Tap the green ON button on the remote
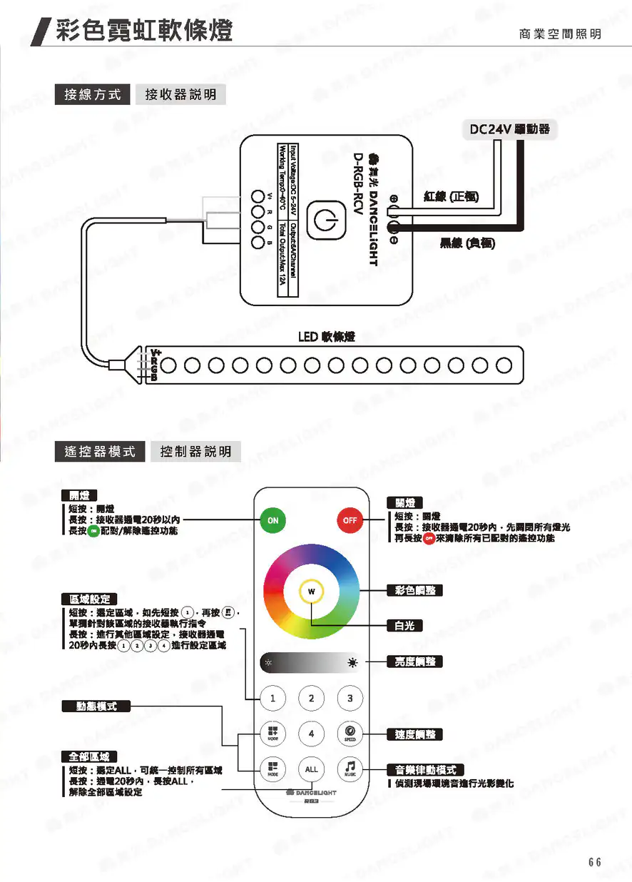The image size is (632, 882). click(x=273, y=520)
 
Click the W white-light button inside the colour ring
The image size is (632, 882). click(x=311, y=592)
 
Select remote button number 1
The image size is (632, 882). click(x=273, y=698)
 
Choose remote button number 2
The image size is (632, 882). click(x=312, y=698)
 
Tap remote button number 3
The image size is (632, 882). click(x=350, y=698)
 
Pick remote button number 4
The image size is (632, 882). click(x=312, y=733)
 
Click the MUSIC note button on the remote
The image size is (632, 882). click(x=350, y=769)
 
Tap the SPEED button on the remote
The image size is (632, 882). click(x=350, y=733)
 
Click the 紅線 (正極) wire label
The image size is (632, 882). click(x=450, y=198)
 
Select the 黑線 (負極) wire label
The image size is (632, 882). click(x=467, y=243)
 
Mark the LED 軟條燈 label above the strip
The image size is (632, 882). click(x=327, y=336)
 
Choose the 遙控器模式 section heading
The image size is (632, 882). click(x=100, y=452)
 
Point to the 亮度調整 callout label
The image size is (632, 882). click(x=414, y=661)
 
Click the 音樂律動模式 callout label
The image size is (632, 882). click(x=425, y=769)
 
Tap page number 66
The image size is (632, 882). click(x=595, y=862)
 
